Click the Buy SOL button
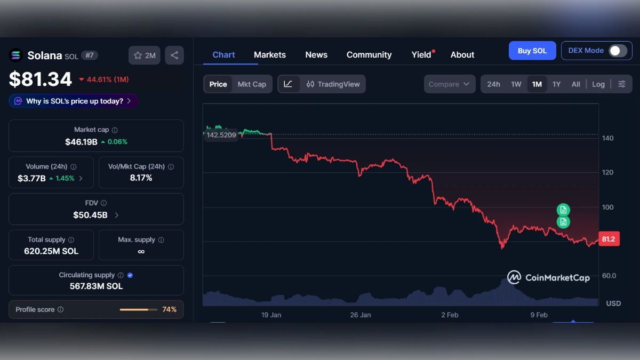click(532, 51)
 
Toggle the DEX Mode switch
click(618, 51)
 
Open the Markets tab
click(270, 54)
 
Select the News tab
click(316, 54)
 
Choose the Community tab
click(369, 54)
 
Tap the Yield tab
click(421, 54)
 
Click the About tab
click(462, 54)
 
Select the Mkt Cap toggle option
click(252, 84)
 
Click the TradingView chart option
click(333, 84)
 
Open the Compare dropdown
click(450, 84)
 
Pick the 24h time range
click(493, 84)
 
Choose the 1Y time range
click(556, 84)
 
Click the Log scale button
click(598, 84)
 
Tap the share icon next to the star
click(174, 55)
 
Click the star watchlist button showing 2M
click(145, 55)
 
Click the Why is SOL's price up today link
click(74, 101)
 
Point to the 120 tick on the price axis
click(608, 172)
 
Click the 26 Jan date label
click(361, 315)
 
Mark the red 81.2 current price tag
click(608, 239)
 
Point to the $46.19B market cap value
click(82, 142)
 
